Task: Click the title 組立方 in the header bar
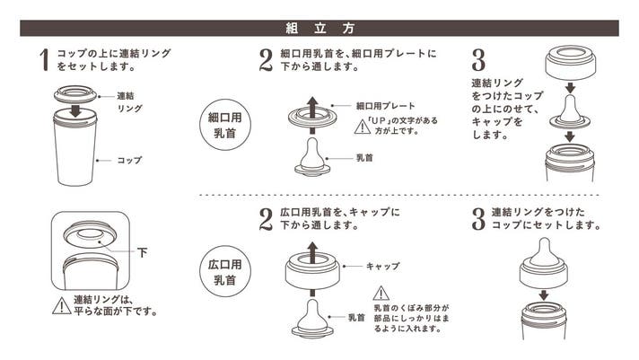pos(319,28)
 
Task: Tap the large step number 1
pos(44,60)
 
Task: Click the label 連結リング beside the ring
pos(129,102)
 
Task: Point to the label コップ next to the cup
pos(129,160)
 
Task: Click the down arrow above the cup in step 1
pos(75,110)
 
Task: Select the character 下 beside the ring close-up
pos(142,253)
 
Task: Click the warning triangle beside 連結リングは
pos(62,306)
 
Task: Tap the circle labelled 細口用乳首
pos(225,125)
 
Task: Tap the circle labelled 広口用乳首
pos(225,271)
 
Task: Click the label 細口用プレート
pos(386,106)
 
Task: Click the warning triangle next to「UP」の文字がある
pos(363,127)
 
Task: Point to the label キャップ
pos(382,267)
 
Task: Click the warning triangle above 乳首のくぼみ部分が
pos(381,294)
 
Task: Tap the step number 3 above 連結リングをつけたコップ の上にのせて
pos(478,60)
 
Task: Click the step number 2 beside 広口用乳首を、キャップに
pos(266,219)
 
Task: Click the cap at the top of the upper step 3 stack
pos(570,62)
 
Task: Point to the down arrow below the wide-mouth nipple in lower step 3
pos(544,294)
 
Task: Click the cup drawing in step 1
pos(75,149)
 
